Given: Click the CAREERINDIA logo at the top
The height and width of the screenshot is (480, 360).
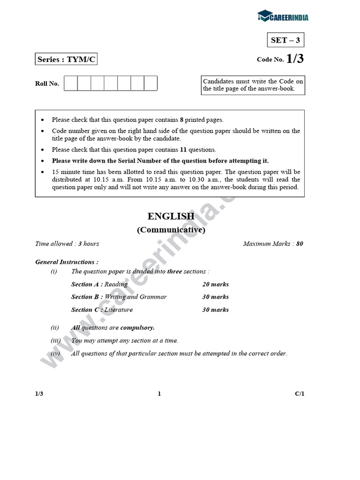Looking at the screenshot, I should point(283,17).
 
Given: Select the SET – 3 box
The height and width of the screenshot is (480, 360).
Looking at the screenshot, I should point(285,40).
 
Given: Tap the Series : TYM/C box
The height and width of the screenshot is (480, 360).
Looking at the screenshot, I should point(67,60).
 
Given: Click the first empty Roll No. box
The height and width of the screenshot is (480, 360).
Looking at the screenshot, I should point(71,83).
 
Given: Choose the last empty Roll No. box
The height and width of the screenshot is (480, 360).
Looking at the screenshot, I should point(150,83).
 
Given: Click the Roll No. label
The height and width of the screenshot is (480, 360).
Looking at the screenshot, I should point(47,84).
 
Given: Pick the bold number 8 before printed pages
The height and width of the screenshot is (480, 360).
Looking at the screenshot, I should point(181,120).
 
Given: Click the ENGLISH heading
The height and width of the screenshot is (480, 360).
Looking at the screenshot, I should point(171,216).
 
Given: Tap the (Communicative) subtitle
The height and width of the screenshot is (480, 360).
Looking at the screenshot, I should point(171,230).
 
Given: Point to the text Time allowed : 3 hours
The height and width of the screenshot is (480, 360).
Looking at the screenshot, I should point(67,244).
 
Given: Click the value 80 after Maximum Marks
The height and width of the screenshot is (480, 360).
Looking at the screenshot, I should point(300,244).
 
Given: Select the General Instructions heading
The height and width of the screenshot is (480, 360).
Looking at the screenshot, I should point(67,262).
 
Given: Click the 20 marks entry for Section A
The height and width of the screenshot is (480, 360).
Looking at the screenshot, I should point(216,285).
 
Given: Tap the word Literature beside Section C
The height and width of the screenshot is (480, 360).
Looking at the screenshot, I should point(119,310).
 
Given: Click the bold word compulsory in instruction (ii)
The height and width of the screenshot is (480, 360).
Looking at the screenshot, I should point(138,328).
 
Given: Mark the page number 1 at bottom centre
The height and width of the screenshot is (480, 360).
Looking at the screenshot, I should point(159,394).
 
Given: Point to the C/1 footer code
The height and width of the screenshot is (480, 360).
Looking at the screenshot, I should point(300,394).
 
